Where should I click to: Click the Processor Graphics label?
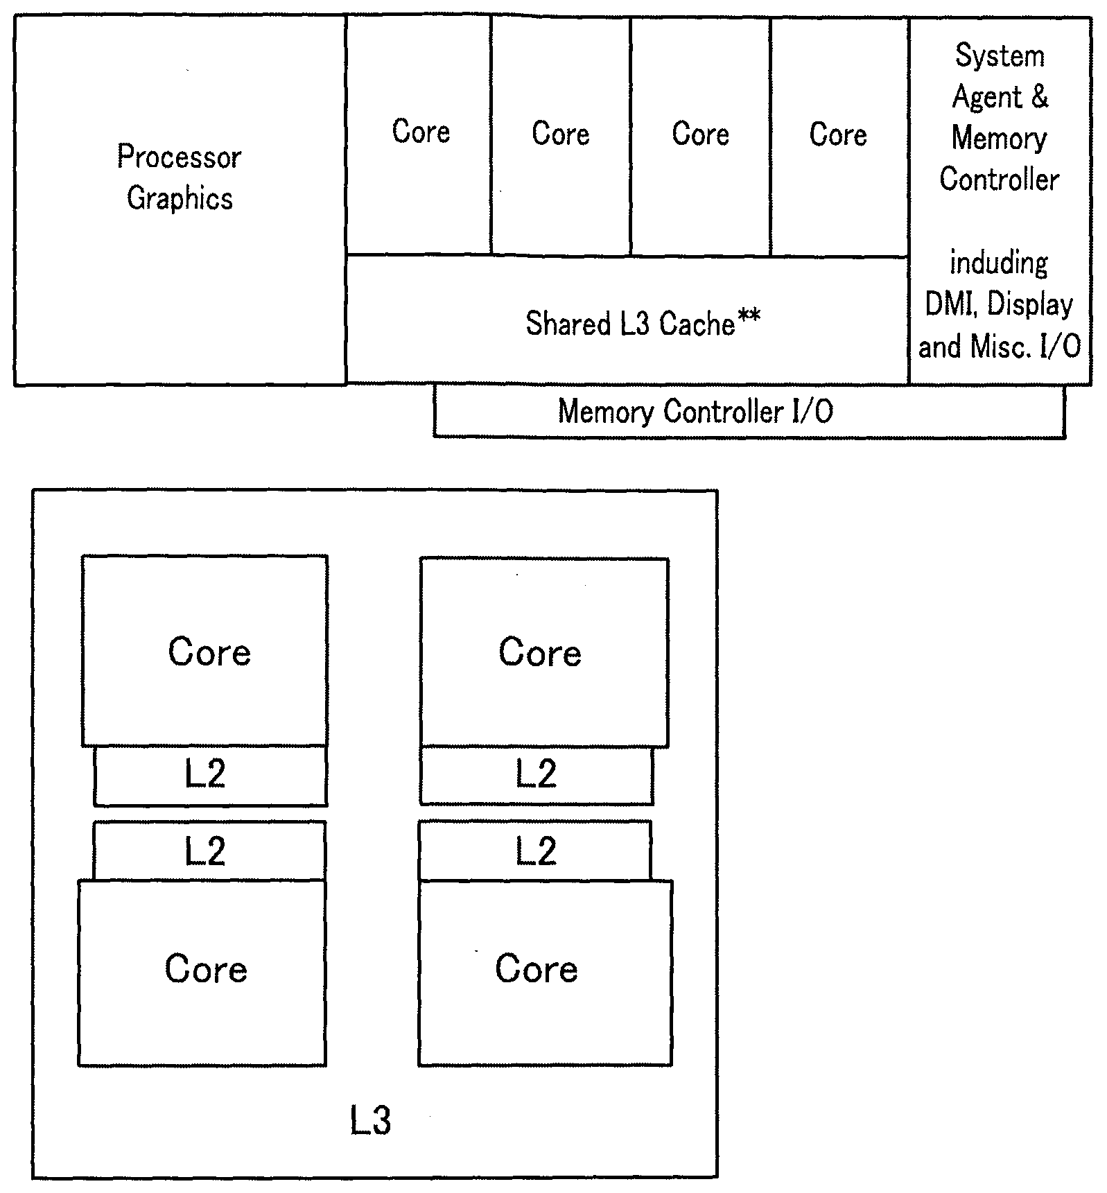180,177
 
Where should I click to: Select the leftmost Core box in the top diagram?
418,136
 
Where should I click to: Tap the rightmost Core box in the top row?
839,136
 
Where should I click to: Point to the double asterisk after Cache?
749,318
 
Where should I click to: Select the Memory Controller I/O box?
749,412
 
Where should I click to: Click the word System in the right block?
1000,56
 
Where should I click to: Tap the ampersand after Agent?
1039,96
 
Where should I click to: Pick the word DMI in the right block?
950,304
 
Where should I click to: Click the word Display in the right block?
1030,305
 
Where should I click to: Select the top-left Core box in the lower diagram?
204,650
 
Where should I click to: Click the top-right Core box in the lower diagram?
544,652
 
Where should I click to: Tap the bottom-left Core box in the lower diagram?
202,973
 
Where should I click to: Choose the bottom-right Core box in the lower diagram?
545,973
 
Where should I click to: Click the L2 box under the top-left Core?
210,776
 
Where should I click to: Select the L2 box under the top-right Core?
537,775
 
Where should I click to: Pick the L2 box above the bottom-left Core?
209,851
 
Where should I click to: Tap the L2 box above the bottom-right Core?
534,851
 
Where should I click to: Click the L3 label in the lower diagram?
370,1121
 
